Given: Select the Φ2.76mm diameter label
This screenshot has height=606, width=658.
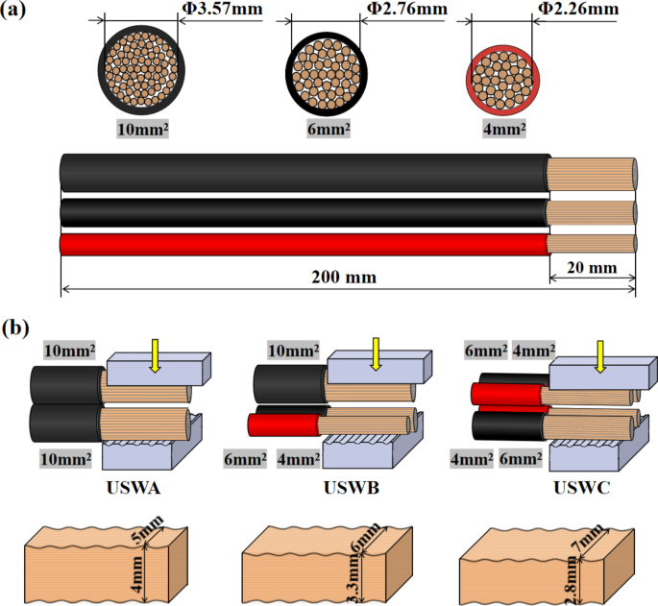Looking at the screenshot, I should [405, 9].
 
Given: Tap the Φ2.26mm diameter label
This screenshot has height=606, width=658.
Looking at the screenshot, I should [576, 9].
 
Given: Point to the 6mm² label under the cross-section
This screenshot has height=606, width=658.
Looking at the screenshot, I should [328, 127].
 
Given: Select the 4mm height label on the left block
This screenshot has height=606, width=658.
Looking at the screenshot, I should [137, 580].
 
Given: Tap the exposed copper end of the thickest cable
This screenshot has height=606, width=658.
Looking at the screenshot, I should [591, 172].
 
